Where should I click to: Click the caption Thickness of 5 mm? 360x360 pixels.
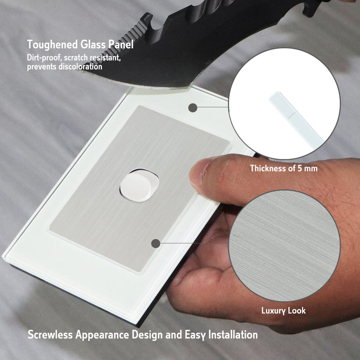pyautogui.click(x=283, y=169)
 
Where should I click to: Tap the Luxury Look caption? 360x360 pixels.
pyautogui.click(x=283, y=311)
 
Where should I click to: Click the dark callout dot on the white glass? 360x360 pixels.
pyautogui.click(x=192, y=107)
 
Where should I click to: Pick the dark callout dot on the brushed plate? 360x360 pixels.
pyautogui.click(x=156, y=244)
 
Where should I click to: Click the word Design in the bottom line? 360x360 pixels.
pyautogui.click(x=149, y=335)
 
